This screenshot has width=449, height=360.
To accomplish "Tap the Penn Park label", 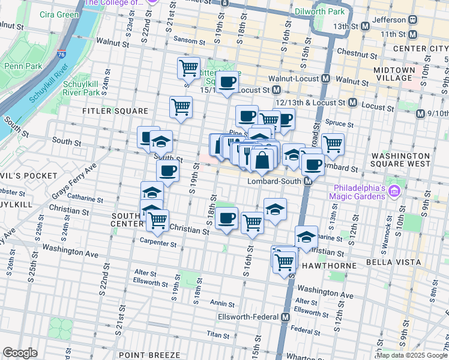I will click(x=20, y=66).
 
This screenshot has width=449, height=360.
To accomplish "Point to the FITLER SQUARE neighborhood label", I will click(x=116, y=111).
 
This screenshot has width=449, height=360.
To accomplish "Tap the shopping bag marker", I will click(x=262, y=160).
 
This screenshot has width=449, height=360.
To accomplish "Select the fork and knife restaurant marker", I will click(x=247, y=155).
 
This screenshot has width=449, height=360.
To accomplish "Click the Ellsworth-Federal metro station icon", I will click(x=286, y=317).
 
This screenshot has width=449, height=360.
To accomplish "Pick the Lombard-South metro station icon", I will click(x=308, y=181).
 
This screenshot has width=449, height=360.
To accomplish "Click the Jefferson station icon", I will click(x=412, y=19).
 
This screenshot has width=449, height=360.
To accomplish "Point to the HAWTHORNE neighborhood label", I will click(x=322, y=265).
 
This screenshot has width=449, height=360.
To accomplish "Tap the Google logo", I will click(x=20, y=352).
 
